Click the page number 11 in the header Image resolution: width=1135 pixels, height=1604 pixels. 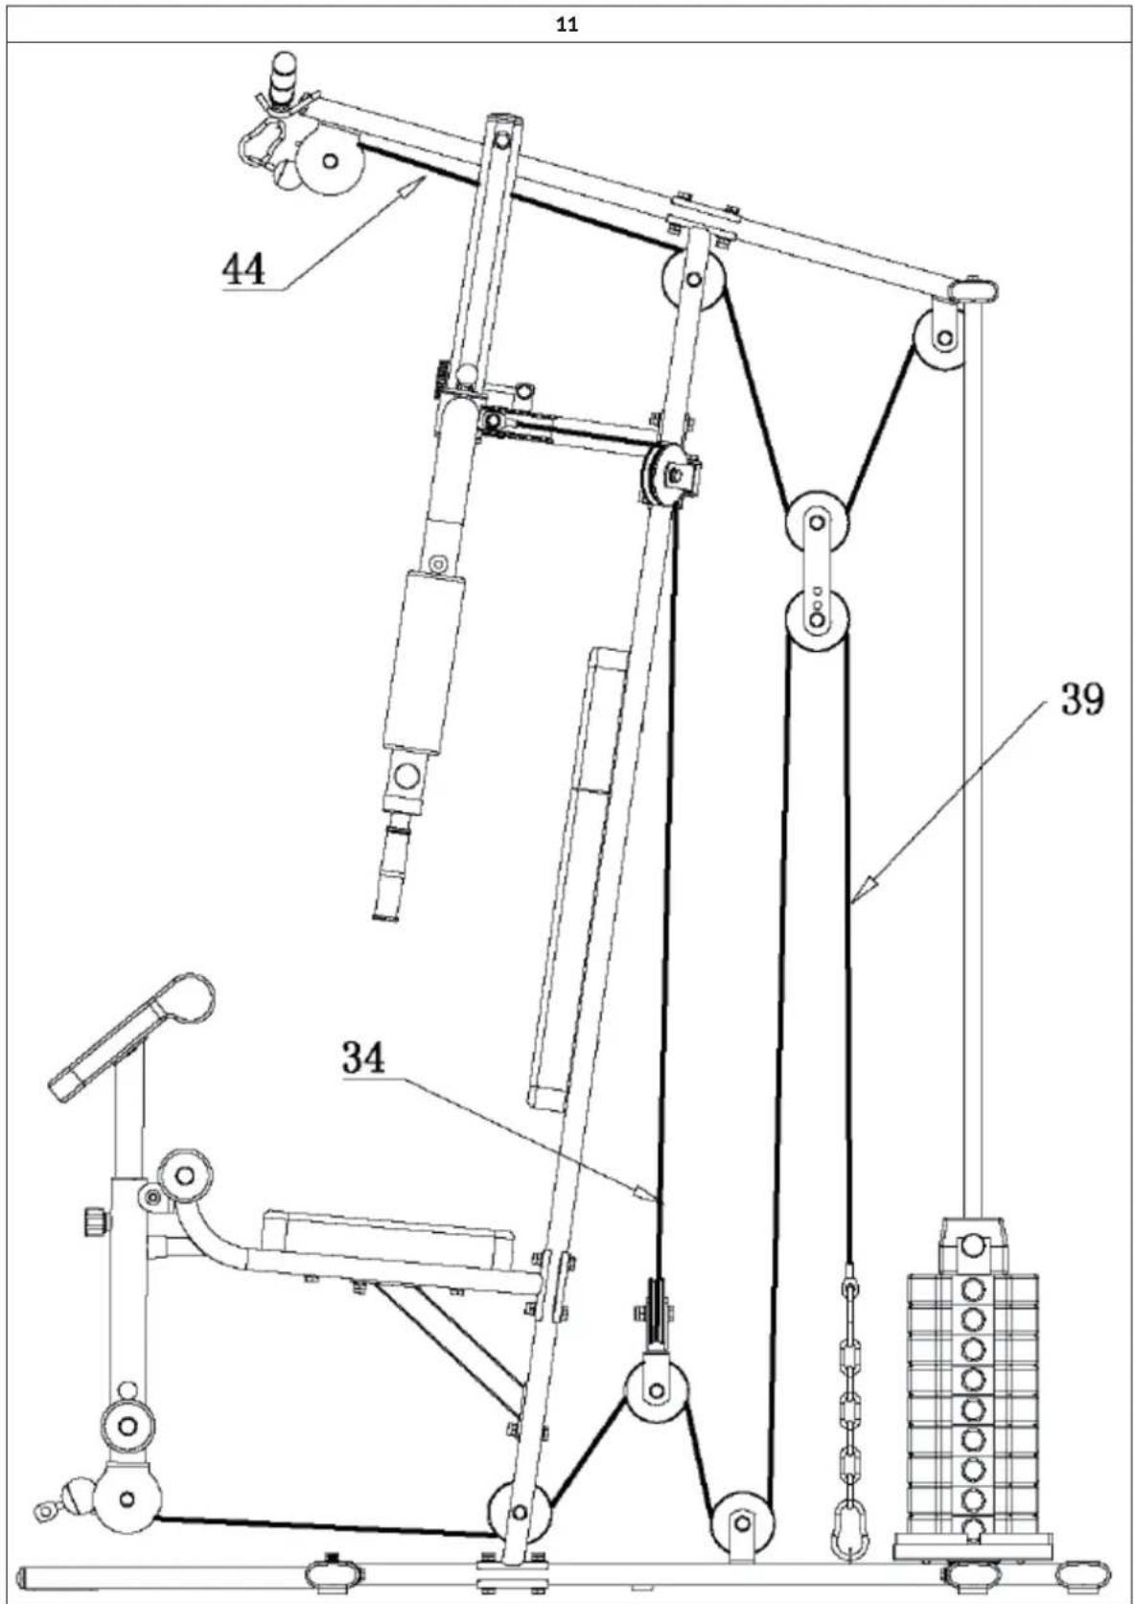click(x=567, y=26)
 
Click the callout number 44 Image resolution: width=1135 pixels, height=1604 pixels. click(x=243, y=269)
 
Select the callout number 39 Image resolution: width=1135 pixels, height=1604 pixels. click(x=1080, y=699)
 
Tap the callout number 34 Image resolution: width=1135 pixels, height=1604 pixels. click(x=364, y=1058)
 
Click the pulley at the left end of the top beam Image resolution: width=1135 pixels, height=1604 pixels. click(x=329, y=164)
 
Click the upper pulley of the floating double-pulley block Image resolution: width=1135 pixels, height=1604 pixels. click(x=816, y=523)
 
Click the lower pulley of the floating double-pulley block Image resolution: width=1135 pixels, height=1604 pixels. click(x=816, y=619)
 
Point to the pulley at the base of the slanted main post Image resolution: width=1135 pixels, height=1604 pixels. click(x=519, y=1513)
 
